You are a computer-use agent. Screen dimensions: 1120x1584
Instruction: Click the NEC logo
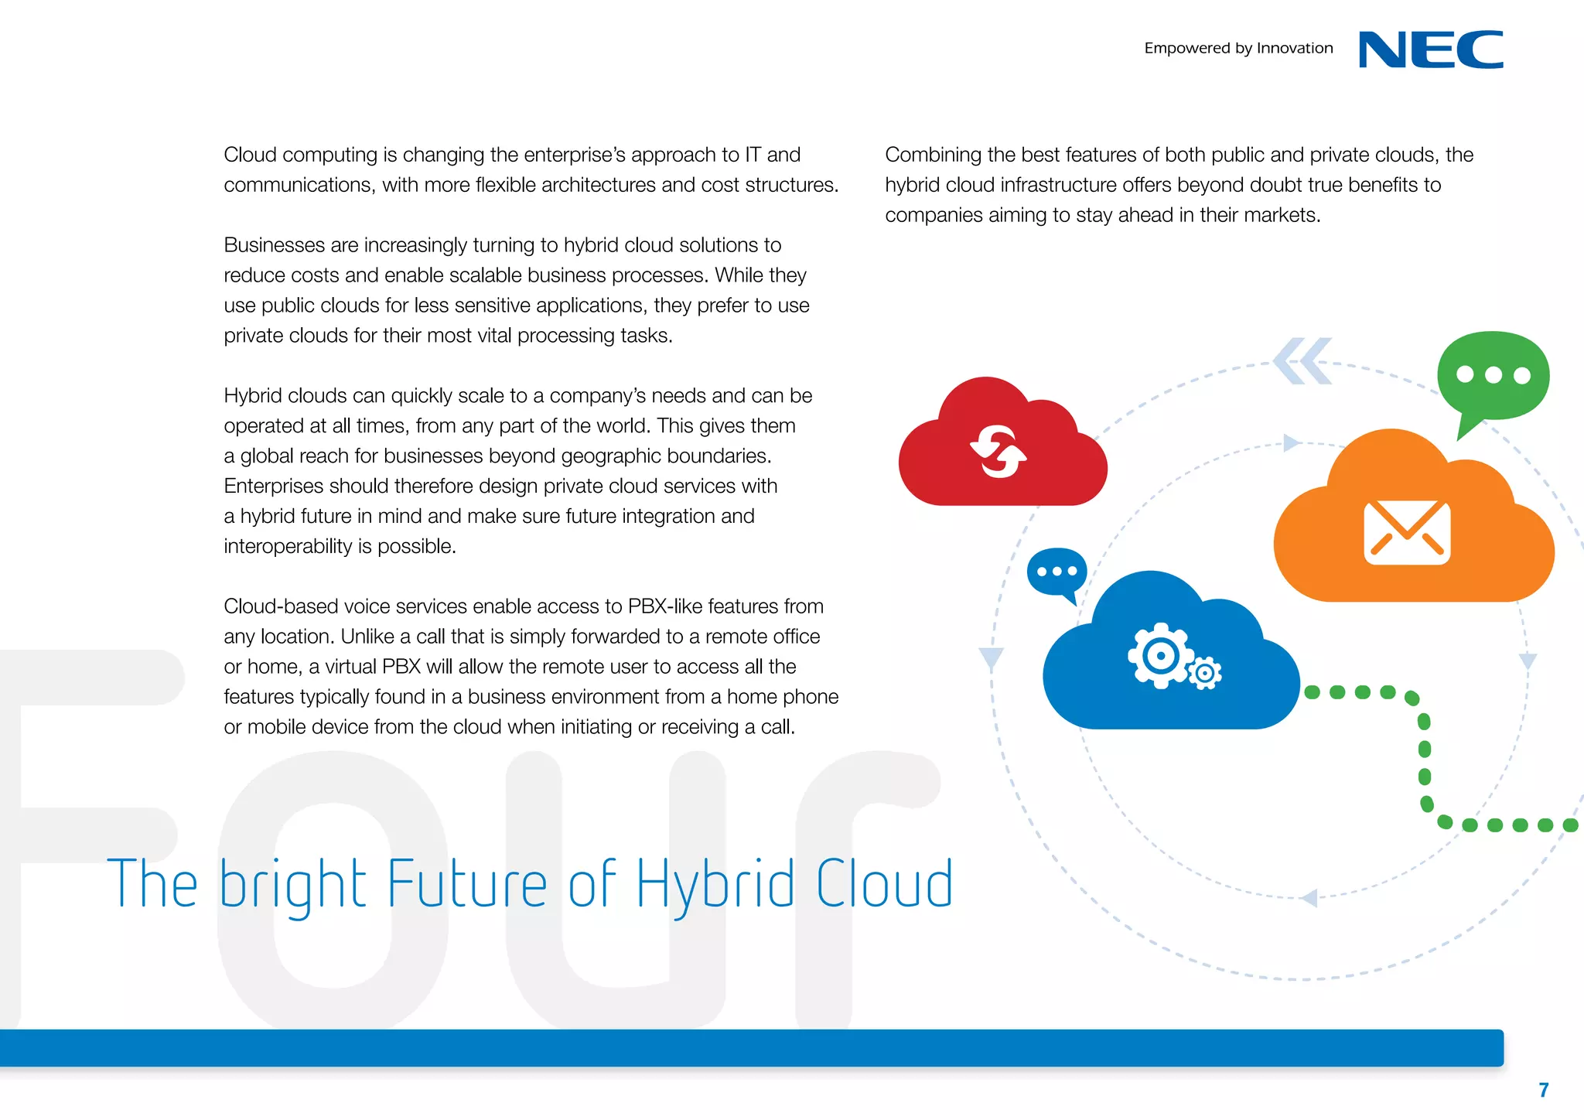coord(1431,50)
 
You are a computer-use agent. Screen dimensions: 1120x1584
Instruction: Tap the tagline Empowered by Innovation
coord(1238,48)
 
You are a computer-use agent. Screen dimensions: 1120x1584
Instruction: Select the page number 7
coord(1543,1090)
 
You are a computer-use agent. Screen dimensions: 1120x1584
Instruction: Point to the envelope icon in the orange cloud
coord(1407,532)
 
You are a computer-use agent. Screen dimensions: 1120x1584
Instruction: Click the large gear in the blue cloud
coord(1159,656)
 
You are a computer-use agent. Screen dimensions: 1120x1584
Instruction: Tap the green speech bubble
coord(1493,377)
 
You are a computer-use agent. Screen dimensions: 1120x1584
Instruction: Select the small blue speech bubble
coord(1057,572)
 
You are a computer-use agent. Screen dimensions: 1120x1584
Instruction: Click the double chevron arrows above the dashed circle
coord(1303,361)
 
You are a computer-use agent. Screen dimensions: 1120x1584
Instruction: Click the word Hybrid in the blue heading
coord(715,885)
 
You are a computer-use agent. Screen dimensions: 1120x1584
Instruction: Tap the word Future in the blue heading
coord(466,883)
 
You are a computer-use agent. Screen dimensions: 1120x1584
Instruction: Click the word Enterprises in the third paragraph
coord(273,486)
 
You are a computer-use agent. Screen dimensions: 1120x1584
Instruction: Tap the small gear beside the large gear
coord(1204,674)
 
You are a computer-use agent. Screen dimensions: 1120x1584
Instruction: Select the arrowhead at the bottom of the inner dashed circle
coord(1309,898)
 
